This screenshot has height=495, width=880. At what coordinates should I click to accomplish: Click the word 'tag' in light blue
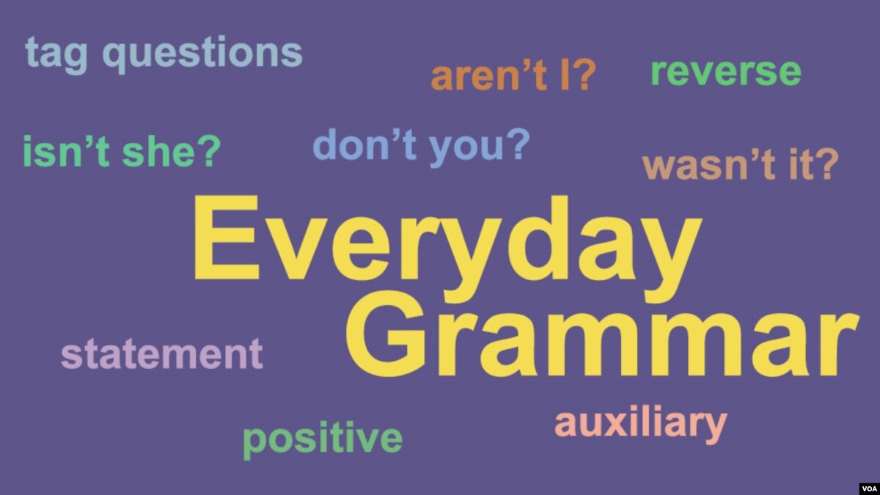coord(56,55)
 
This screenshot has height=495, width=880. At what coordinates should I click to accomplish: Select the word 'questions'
coord(202,54)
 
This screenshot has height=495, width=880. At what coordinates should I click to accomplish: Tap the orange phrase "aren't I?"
coord(514,76)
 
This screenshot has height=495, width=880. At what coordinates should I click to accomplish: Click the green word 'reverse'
coord(726,72)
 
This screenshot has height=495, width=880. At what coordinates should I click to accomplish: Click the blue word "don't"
coord(365,144)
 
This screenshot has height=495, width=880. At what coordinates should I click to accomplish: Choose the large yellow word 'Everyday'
coord(447,249)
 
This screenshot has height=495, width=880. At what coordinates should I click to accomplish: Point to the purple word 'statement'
coord(162,354)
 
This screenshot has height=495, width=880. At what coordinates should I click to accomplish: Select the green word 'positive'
coord(323,440)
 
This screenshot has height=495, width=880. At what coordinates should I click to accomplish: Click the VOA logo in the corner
coord(870,488)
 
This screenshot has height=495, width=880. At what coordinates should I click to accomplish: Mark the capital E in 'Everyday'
coord(227,237)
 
